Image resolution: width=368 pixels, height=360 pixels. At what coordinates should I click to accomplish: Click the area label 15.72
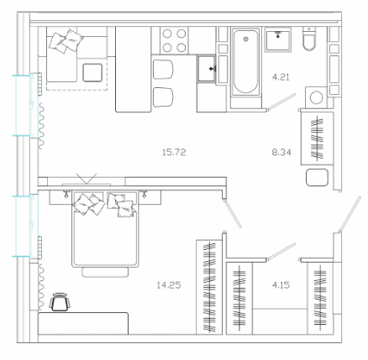pos(174,153)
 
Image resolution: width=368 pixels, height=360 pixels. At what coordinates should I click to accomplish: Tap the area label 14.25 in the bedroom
pos(169,285)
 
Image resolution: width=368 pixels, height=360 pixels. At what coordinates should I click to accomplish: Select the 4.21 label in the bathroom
pos(281,77)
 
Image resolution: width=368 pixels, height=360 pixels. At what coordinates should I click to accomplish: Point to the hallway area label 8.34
pos(281,153)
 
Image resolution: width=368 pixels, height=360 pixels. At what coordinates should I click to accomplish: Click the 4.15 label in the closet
pos(281,285)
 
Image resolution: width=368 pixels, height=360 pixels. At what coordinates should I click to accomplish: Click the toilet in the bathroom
pos(309,39)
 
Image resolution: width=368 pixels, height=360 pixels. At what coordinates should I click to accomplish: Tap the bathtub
pos(246,61)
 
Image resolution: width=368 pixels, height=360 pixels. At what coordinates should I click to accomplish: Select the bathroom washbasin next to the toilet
pos(278,39)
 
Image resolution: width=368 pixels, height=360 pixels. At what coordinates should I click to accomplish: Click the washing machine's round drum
pos(316,97)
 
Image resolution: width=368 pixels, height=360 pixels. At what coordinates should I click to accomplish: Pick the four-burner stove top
pos(174,41)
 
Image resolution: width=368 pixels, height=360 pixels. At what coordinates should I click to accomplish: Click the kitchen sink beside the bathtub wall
pos(207,69)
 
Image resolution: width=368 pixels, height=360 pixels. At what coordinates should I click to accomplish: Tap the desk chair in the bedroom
pos(60,302)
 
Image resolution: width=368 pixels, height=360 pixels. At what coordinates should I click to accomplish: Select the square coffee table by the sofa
pos(92,73)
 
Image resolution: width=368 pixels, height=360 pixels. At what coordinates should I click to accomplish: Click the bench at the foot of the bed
pos(105,272)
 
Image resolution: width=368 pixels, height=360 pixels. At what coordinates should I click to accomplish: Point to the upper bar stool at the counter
pos(163,70)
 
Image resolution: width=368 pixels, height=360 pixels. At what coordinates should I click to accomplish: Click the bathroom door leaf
pos(281,102)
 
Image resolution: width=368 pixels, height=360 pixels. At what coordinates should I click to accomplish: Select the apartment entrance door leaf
pos(350,214)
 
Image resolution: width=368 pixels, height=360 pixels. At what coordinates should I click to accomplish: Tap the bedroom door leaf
pos(232,213)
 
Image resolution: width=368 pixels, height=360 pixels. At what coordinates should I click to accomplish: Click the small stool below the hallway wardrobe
pos(317,177)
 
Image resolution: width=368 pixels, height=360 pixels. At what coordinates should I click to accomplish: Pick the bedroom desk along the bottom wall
pos(83,323)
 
